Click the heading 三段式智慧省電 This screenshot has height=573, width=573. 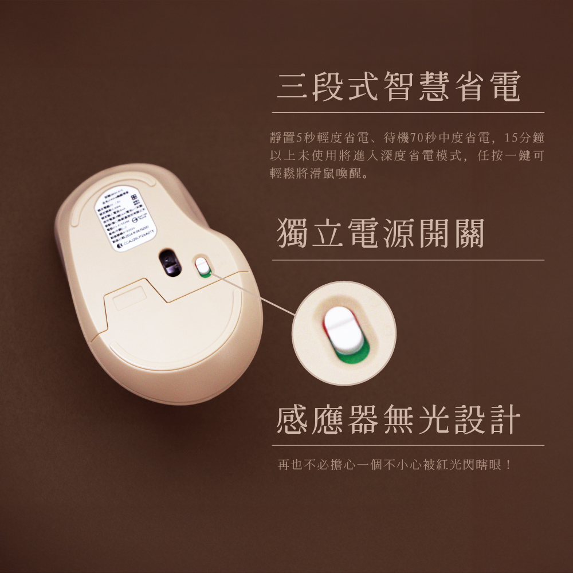tap(398, 87)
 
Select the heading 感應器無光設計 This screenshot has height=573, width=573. tap(398, 419)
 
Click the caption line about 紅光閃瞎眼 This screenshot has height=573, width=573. tap(395, 464)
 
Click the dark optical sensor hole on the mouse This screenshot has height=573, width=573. tap(169, 262)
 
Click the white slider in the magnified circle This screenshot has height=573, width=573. tap(343, 331)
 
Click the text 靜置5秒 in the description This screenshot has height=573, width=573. tap(295, 138)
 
